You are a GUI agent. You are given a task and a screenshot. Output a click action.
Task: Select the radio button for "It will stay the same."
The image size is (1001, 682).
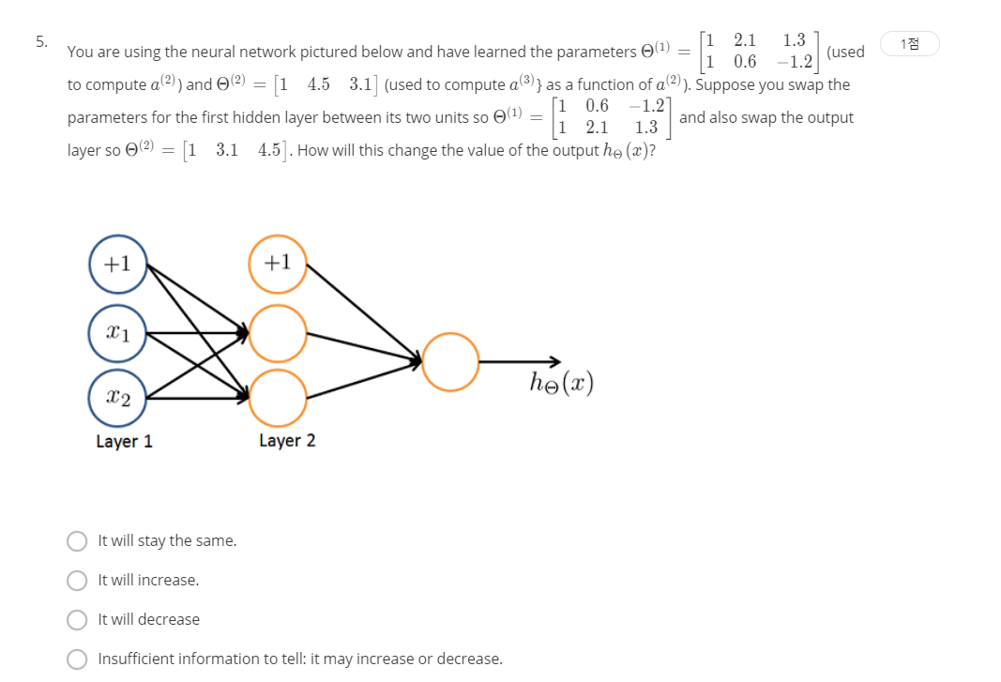point(77,541)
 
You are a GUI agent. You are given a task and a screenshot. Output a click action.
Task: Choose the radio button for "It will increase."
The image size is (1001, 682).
point(77,581)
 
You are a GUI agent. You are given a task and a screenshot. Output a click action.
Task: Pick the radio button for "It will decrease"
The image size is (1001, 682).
point(77,620)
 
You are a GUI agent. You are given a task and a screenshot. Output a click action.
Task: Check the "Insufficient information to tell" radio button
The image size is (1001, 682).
point(77,659)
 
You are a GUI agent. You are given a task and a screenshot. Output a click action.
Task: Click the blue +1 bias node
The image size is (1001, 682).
point(117,264)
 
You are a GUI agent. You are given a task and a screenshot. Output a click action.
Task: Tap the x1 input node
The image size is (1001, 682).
point(117,332)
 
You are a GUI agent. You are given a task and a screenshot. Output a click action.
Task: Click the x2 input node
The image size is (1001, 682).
point(117,398)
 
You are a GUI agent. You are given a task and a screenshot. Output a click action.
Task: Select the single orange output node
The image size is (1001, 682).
point(450,362)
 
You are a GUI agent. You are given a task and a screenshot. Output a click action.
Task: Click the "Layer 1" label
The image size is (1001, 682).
point(124,441)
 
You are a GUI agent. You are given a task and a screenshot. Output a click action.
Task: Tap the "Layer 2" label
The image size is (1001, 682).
point(287,441)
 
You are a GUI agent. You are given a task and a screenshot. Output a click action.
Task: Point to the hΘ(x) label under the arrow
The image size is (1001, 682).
point(562,383)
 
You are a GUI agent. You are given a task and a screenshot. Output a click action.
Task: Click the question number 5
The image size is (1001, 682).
point(40,41)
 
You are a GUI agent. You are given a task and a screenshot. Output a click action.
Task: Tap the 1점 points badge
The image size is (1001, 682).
point(909,43)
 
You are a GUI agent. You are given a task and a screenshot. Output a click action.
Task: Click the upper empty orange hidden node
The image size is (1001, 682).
point(277,332)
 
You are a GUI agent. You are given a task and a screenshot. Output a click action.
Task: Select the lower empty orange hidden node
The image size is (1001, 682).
point(277,398)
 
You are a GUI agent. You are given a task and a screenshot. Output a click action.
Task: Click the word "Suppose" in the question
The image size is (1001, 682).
point(730,84)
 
